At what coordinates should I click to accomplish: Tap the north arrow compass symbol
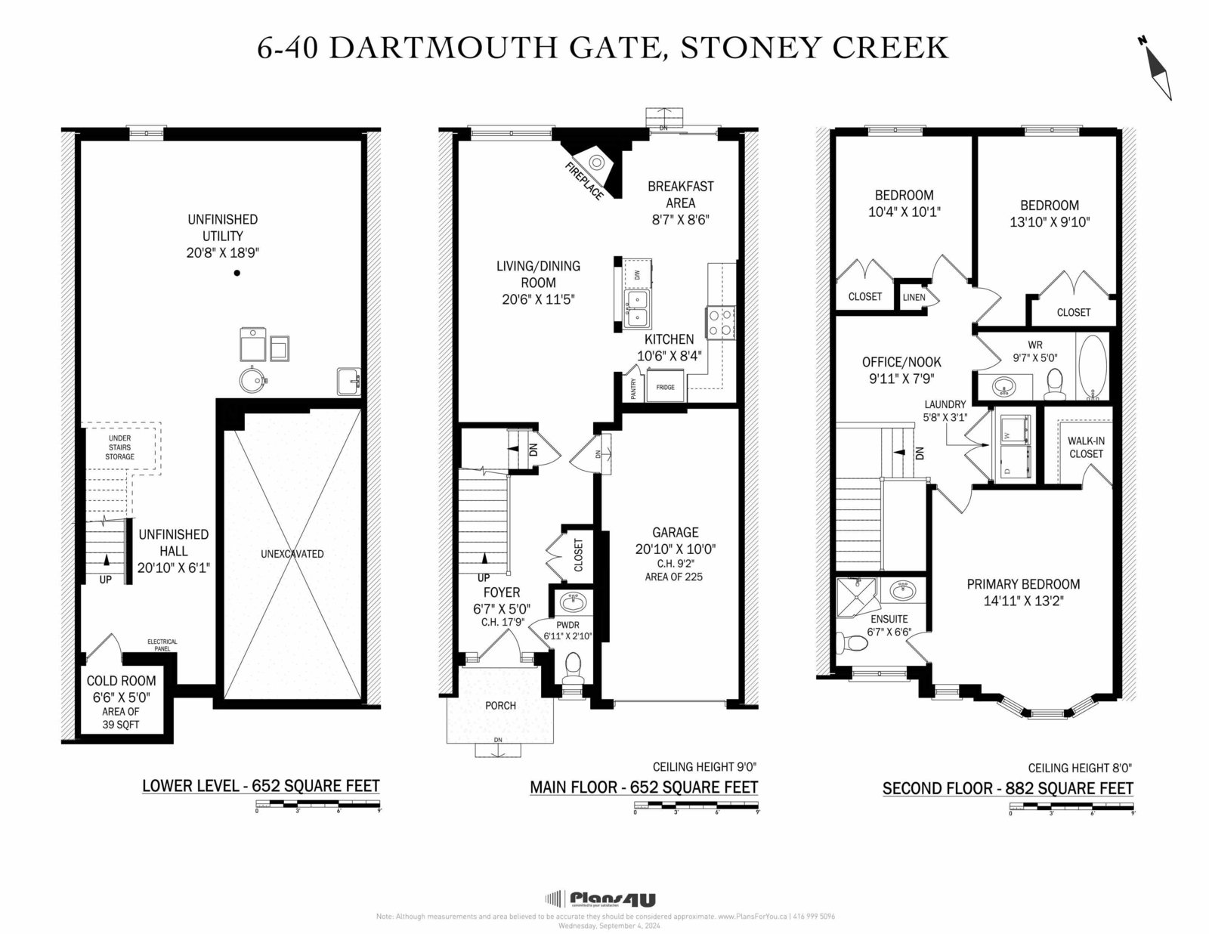click(x=1157, y=68)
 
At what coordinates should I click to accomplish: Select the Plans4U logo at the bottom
click(x=601, y=899)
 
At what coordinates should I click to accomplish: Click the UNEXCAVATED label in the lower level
click(x=292, y=554)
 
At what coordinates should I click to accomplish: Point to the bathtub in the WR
click(x=1090, y=366)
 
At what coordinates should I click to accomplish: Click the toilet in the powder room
click(x=573, y=669)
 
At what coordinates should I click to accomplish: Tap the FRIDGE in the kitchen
click(x=665, y=387)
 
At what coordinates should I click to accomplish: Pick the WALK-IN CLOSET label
click(x=1086, y=447)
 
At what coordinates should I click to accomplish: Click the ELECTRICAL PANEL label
click(x=162, y=645)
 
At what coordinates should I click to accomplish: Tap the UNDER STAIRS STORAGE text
click(x=119, y=447)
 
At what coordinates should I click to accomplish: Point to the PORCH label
click(x=500, y=706)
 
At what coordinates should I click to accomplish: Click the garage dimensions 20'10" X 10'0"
click(x=675, y=549)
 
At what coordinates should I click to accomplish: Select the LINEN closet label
click(x=914, y=297)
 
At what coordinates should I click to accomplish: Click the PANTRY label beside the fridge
click(x=633, y=388)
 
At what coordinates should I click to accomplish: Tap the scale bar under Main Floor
click(x=696, y=808)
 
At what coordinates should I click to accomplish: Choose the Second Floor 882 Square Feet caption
click(x=1007, y=789)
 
